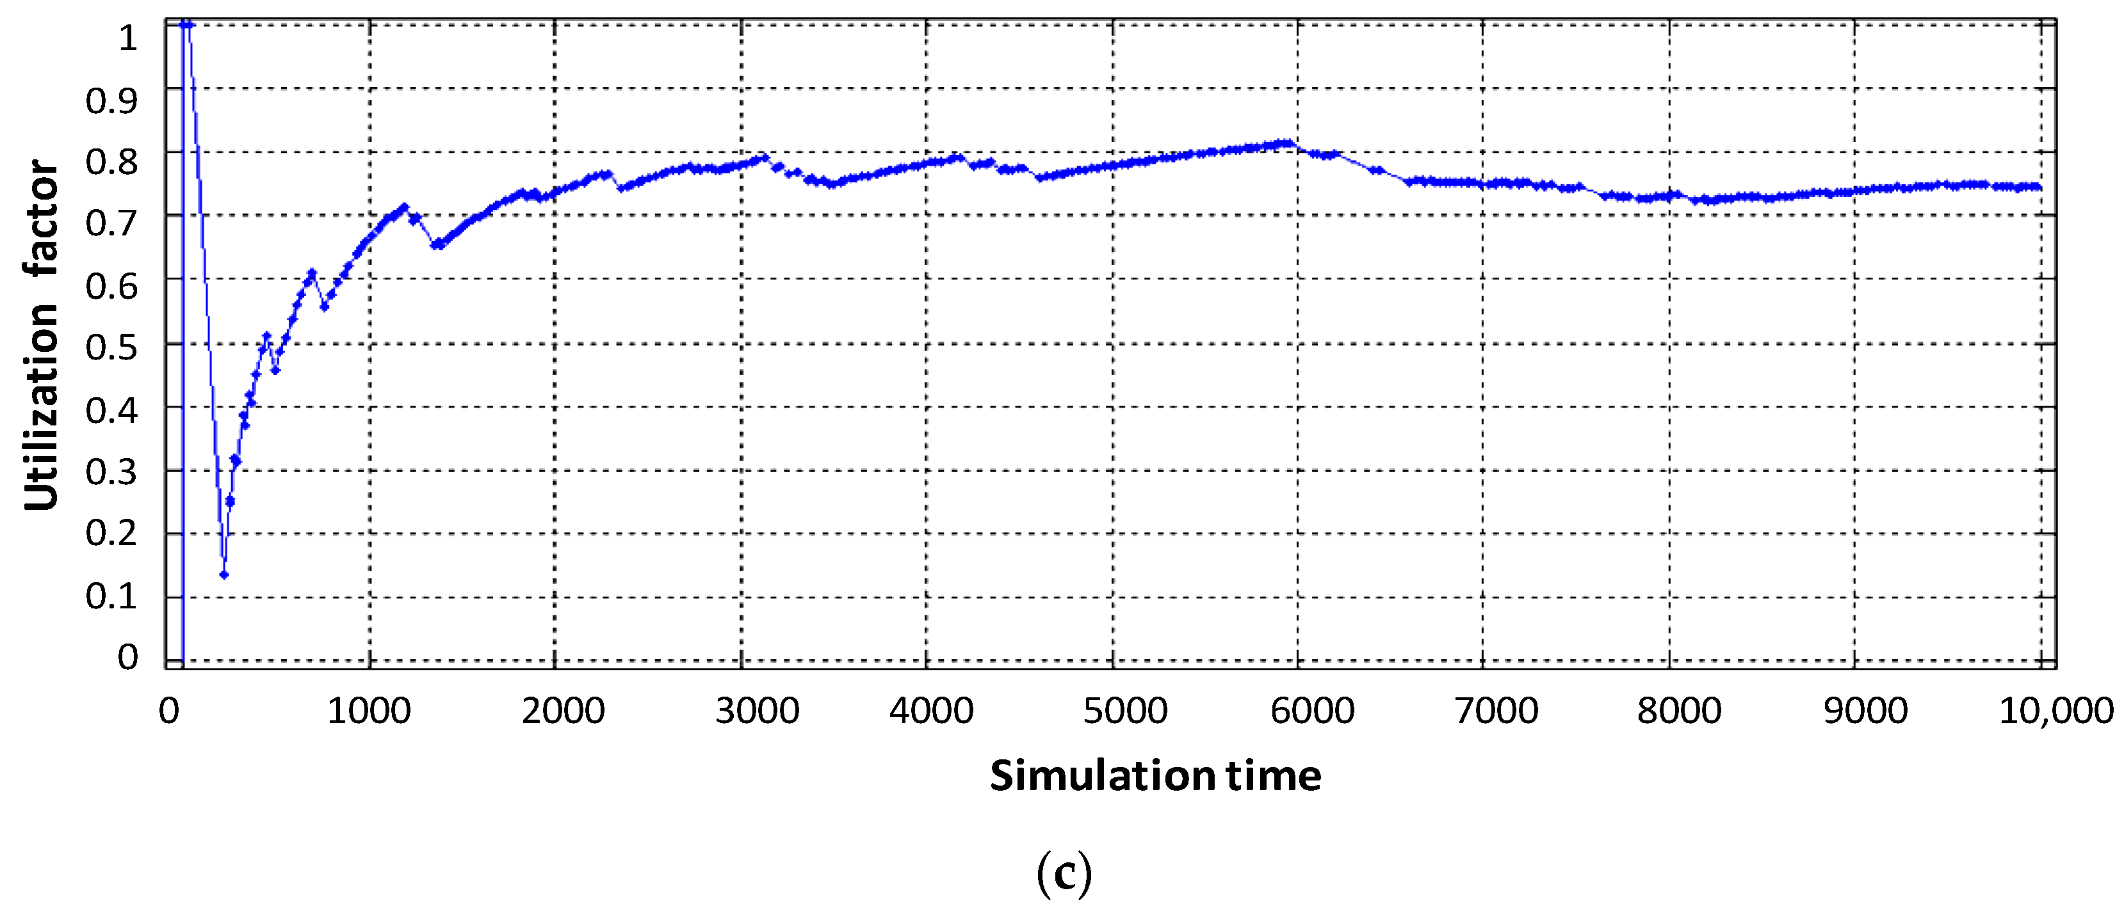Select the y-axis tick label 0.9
point(111,101)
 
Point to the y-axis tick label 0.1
point(111,596)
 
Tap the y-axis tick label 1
point(128,38)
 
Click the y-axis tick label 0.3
point(111,472)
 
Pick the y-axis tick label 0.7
point(111,223)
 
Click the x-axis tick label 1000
point(369,710)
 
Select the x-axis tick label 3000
point(757,710)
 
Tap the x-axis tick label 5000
point(1124,710)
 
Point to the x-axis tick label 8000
point(1679,710)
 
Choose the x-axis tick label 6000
point(1312,710)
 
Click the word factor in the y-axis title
point(41,218)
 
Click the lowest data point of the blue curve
point(223,575)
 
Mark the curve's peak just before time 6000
point(1284,143)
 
